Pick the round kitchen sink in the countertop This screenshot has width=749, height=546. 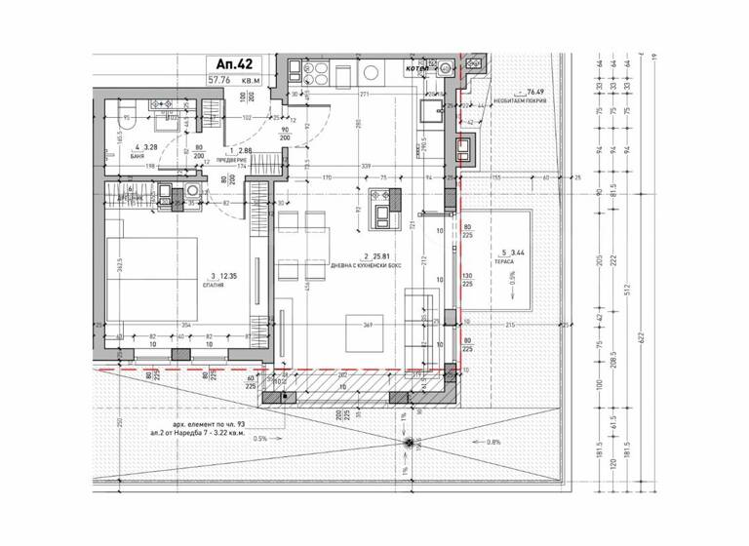click(x=446, y=68)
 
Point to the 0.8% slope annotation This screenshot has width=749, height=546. click(x=492, y=441)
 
